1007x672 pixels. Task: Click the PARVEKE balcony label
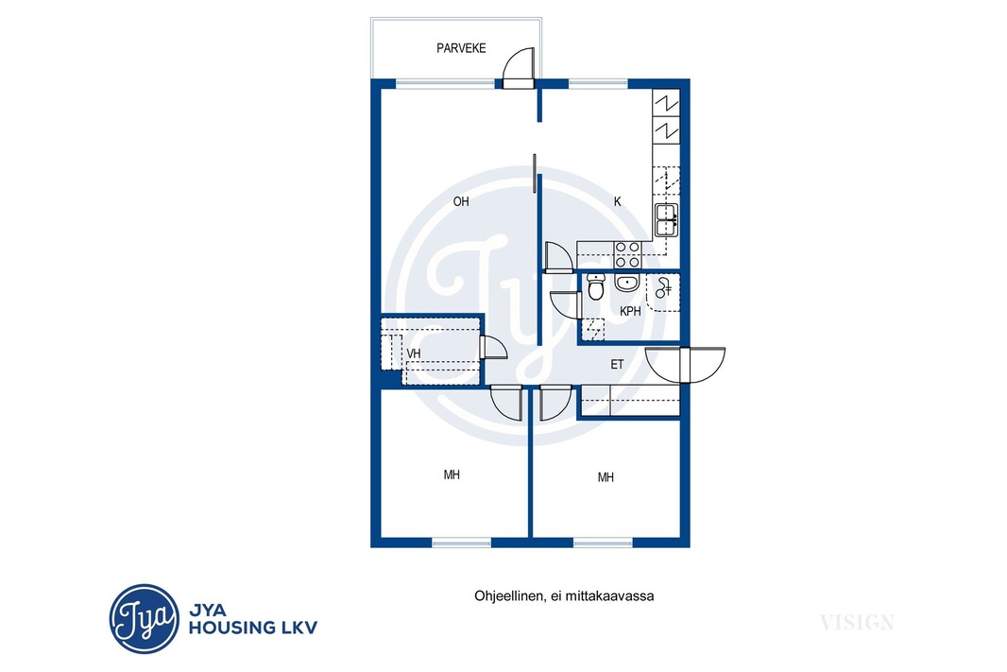click(461, 48)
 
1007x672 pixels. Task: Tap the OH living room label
click(460, 201)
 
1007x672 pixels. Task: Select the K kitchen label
click(618, 201)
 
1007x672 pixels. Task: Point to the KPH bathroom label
click(630, 312)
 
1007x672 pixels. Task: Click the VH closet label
click(414, 354)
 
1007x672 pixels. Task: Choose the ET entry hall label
click(617, 365)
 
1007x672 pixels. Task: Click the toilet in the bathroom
click(596, 286)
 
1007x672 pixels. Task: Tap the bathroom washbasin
click(627, 283)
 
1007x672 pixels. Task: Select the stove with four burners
click(627, 254)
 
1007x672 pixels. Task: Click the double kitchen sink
click(666, 220)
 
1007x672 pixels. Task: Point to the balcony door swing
click(519, 67)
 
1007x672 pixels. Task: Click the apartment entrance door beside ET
click(685, 364)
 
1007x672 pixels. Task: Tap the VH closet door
click(493, 348)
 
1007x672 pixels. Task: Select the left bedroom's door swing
click(506, 403)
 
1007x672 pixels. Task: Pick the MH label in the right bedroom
click(606, 477)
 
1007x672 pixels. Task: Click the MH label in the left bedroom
click(452, 474)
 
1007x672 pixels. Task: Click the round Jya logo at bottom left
click(144, 619)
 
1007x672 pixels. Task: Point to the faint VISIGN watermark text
click(857, 622)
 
